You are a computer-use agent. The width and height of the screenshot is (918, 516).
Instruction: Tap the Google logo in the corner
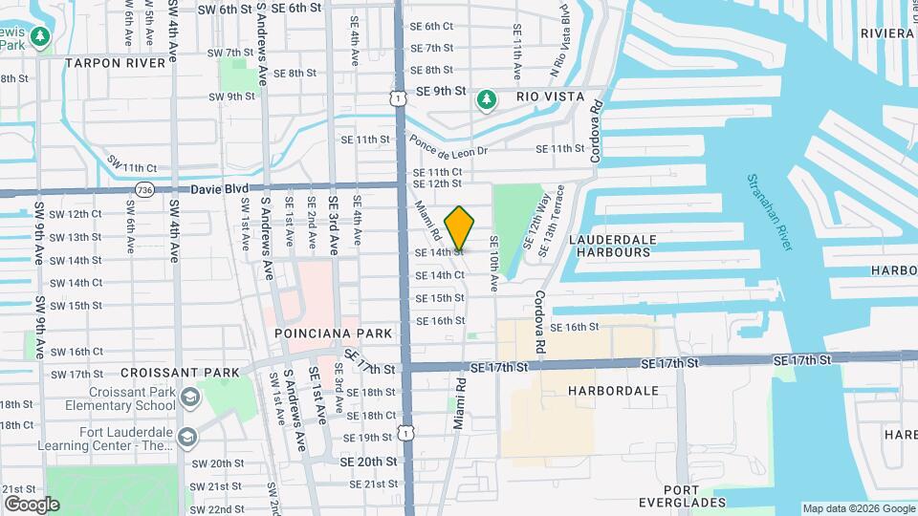32,505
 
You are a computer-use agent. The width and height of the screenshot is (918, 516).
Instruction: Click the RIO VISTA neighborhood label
550,97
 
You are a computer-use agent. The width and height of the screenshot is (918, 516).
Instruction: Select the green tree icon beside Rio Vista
487,98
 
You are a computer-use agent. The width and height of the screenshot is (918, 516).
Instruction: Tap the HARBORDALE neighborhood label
613,391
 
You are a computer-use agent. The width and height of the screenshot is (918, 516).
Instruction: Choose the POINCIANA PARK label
334,333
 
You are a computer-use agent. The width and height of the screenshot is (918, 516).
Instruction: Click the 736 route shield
145,189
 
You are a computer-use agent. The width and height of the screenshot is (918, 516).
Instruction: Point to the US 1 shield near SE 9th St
396,97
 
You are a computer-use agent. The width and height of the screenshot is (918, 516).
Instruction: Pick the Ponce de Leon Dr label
448,145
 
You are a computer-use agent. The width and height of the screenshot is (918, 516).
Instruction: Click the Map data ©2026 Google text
859,508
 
